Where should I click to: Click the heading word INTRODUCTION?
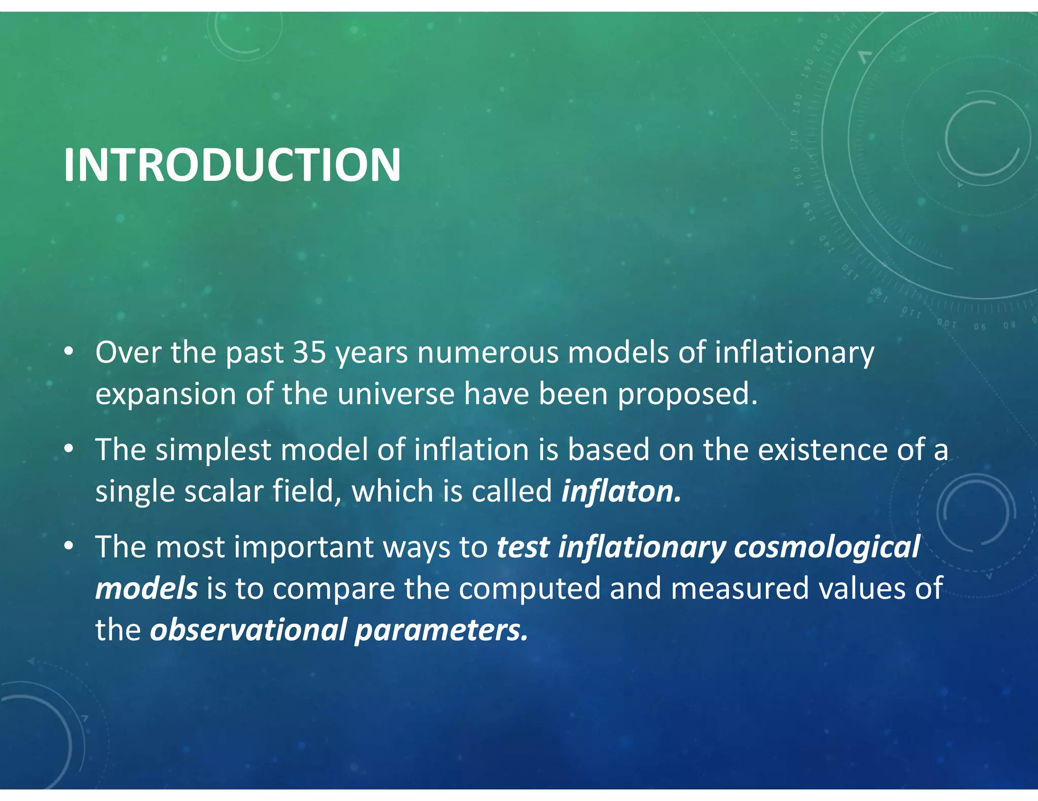(x=232, y=165)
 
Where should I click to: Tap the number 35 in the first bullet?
(x=309, y=352)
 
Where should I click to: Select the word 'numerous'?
(x=488, y=352)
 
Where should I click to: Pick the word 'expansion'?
(x=166, y=395)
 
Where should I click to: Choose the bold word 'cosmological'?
(x=827, y=547)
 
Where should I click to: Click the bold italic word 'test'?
(x=523, y=547)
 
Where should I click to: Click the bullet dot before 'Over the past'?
(x=69, y=351)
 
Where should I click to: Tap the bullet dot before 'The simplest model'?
(x=69, y=449)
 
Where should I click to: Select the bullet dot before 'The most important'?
(x=69, y=546)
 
